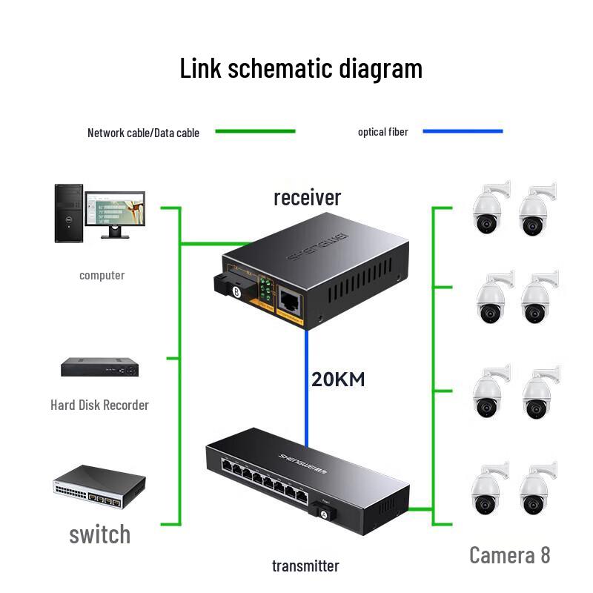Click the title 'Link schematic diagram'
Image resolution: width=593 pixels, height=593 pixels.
click(301, 68)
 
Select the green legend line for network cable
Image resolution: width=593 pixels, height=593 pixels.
click(255, 132)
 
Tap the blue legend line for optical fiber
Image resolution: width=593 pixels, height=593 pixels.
click(463, 132)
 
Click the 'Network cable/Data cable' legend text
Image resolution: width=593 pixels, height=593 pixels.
click(143, 133)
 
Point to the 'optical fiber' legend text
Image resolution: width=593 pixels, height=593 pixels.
click(382, 132)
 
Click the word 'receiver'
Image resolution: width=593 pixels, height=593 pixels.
click(307, 197)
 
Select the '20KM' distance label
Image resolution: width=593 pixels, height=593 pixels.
click(338, 380)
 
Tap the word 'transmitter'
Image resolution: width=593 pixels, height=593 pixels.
click(305, 566)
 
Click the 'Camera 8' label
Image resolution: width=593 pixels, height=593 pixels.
click(510, 554)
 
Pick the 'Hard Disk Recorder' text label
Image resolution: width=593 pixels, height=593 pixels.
click(99, 405)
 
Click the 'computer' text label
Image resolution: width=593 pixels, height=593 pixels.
click(102, 275)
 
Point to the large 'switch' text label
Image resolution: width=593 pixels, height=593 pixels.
click(99, 534)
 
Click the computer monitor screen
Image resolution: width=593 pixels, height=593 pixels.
click(115, 210)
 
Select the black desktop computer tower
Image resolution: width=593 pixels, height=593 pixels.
click(69, 213)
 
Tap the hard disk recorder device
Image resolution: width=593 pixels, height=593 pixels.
click(99, 367)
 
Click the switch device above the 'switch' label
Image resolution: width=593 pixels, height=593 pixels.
click(99, 487)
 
